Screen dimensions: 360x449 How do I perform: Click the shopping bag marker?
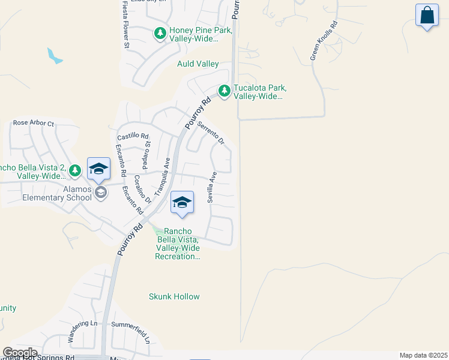tap(427, 16)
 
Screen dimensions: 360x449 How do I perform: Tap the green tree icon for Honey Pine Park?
tap(160, 34)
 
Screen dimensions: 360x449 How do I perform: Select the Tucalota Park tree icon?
tap(224, 91)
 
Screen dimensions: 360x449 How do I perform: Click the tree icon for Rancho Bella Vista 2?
tap(75, 171)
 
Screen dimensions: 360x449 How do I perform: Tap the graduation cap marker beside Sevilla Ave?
tap(182, 203)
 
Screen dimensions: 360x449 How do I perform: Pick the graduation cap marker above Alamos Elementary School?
tap(98, 169)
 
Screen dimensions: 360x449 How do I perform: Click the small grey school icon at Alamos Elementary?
tap(100, 193)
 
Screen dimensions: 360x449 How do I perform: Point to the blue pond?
tap(54, 57)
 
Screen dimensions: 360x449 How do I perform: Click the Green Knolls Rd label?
tap(324, 41)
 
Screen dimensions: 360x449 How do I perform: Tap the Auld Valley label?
tap(197, 64)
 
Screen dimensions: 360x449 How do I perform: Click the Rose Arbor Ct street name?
tap(34, 123)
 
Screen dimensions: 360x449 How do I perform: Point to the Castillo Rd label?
tap(133, 137)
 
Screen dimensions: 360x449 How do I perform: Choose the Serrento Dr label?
tap(211, 133)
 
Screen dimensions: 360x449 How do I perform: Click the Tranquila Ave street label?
tap(162, 176)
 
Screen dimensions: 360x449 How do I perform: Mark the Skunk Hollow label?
tap(174, 296)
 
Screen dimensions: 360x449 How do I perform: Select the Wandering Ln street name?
tap(82, 331)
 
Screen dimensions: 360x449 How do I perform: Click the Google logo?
tap(20, 353)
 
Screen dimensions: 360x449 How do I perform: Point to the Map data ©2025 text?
tap(423, 355)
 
